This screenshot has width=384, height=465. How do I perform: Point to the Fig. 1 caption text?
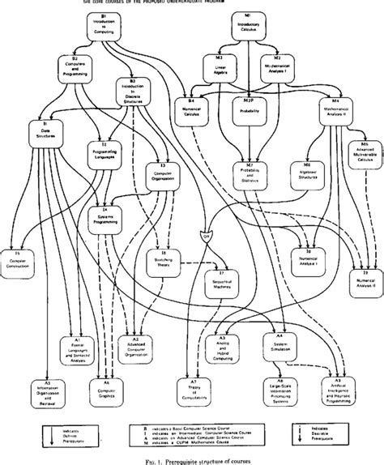(192, 459)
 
